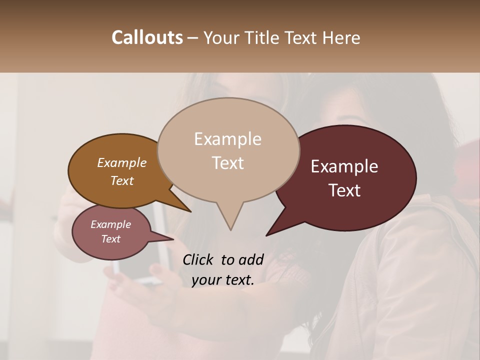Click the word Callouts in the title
click(147, 37)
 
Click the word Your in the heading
click(221, 37)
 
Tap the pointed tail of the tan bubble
click(230, 227)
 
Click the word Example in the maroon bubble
click(344, 166)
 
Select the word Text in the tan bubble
click(228, 163)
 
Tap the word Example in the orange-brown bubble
click(122, 162)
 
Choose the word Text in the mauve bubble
click(111, 239)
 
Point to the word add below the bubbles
click(251, 259)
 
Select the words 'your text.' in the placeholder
click(223, 280)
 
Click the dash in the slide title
click(193, 38)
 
